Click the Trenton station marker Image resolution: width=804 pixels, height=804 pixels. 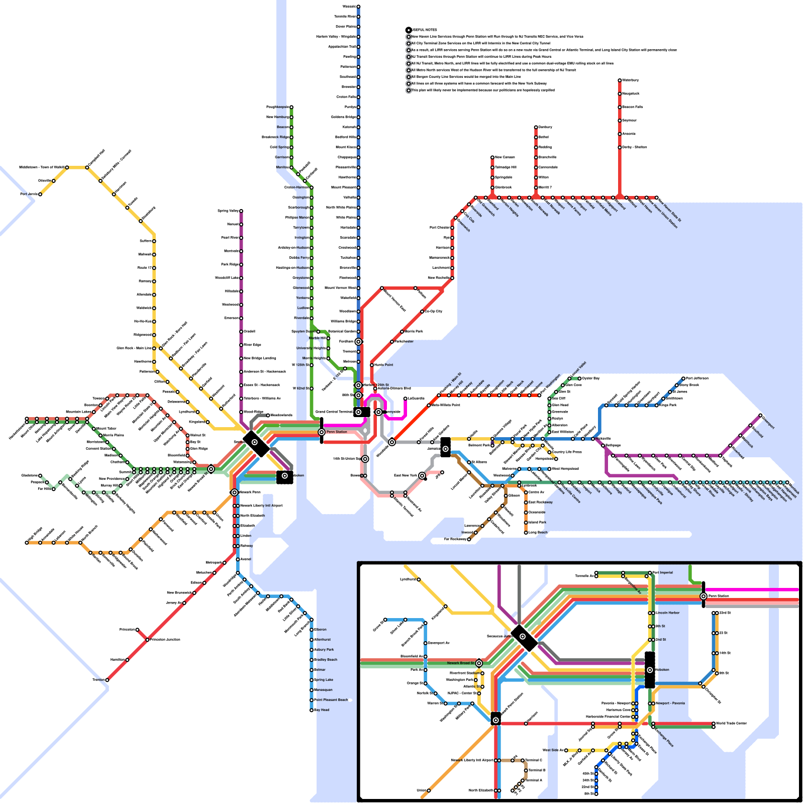[107, 680]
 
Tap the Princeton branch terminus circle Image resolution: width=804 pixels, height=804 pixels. [137, 630]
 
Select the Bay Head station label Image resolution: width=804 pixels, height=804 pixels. [322, 710]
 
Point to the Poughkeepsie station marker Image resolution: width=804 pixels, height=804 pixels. [291, 107]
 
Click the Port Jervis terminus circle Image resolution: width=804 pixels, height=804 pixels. [40, 194]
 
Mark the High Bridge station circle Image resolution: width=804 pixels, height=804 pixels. [27, 543]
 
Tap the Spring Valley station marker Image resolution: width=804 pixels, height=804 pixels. [241, 211]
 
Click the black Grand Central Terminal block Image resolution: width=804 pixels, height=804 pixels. [362, 412]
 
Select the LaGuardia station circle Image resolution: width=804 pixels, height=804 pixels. [406, 398]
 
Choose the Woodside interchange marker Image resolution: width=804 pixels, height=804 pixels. [392, 442]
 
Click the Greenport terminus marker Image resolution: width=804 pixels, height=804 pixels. [760, 416]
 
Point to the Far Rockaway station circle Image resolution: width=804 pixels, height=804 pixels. [469, 539]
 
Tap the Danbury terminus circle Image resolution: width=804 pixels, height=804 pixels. [536, 127]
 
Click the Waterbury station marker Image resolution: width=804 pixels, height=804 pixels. [620, 80]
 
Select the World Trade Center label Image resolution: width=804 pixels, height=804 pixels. [731, 724]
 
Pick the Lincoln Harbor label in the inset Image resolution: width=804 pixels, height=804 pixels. [668, 613]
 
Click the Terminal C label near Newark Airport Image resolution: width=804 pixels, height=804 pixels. [534, 760]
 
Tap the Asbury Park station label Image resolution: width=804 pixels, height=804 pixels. [324, 650]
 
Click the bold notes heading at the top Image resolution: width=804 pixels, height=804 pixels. [425, 30]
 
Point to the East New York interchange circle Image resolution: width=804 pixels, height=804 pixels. [422, 475]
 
